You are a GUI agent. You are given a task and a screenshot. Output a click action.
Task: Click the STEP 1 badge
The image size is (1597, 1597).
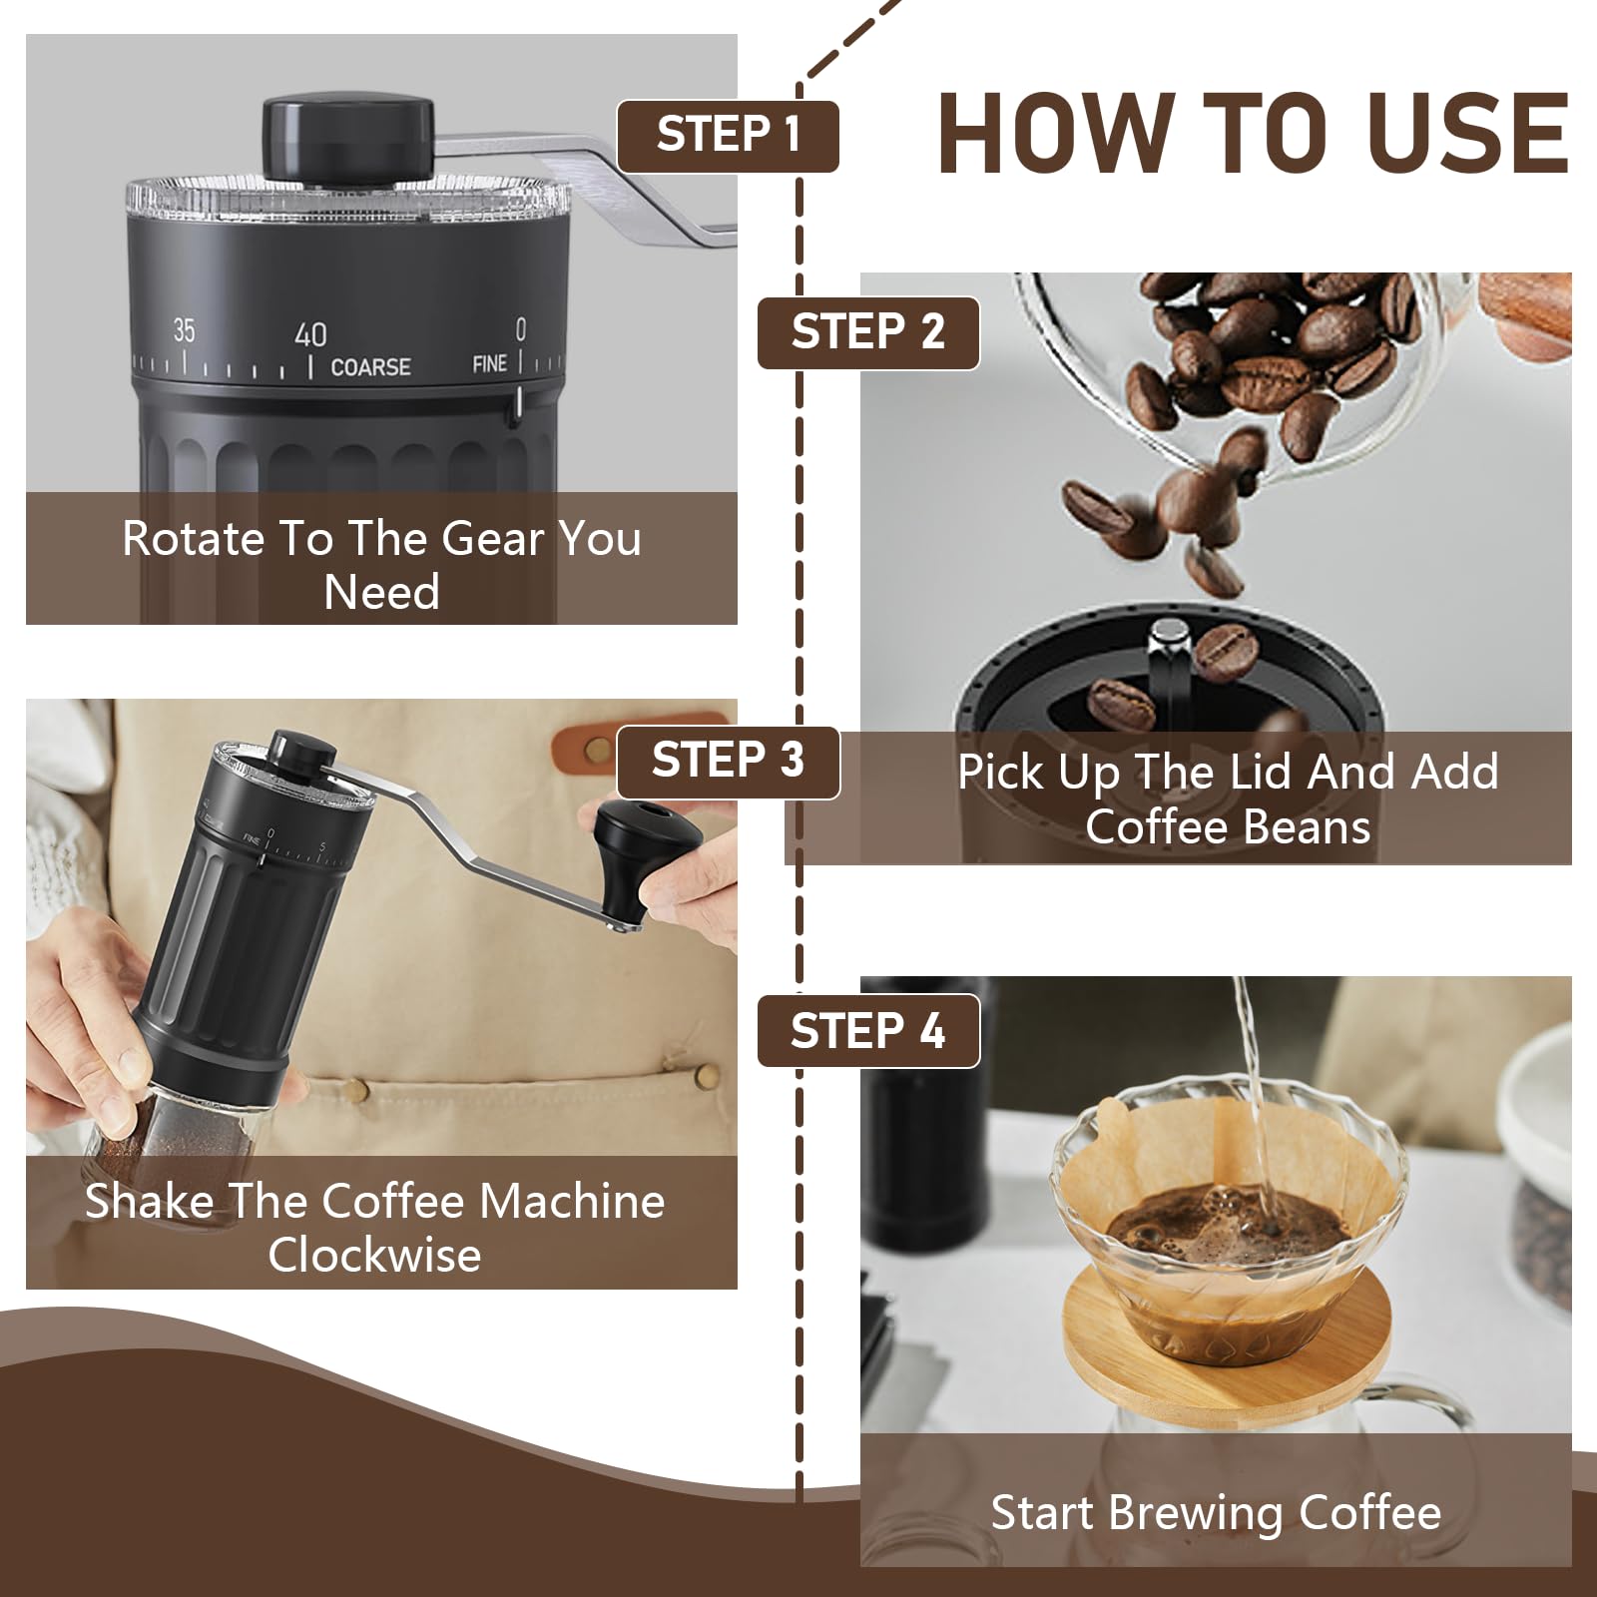pos(728,136)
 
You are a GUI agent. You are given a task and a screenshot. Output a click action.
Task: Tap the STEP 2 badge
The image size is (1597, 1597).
pos(868,333)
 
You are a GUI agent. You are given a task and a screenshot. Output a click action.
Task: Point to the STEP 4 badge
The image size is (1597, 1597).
pos(868,1031)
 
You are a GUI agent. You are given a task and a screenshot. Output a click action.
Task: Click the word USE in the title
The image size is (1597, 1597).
pos(1437,134)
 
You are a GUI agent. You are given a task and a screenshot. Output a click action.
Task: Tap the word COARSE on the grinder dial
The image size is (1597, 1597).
pos(370,367)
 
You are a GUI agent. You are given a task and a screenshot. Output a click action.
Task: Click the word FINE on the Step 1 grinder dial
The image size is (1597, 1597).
pos(489,364)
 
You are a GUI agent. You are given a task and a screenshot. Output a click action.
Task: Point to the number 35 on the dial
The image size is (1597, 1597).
pos(184,330)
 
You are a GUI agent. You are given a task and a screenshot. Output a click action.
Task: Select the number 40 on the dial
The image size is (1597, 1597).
pos(310,334)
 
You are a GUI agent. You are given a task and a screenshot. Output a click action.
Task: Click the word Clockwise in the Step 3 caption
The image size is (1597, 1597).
pos(374,1255)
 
